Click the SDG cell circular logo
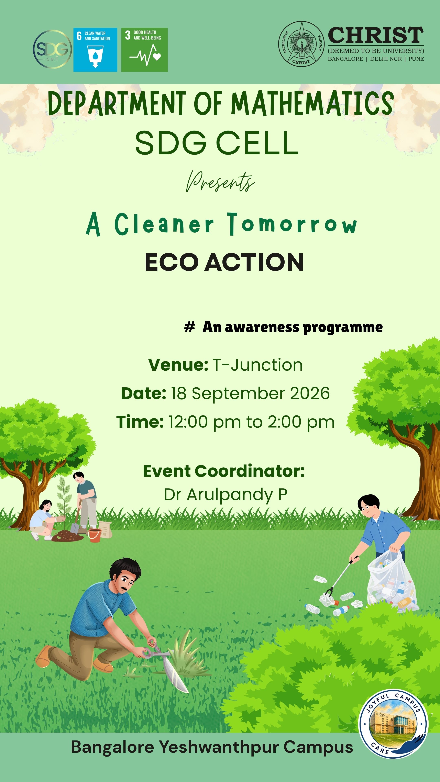pyautogui.click(x=52, y=49)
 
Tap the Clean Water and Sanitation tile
pyautogui.click(x=95, y=50)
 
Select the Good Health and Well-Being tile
pyautogui.click(x=145, y=50)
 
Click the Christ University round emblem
pyautogui.click(x=301, y=44)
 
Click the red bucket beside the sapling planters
pyautogui.click(x=95, y=536)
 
